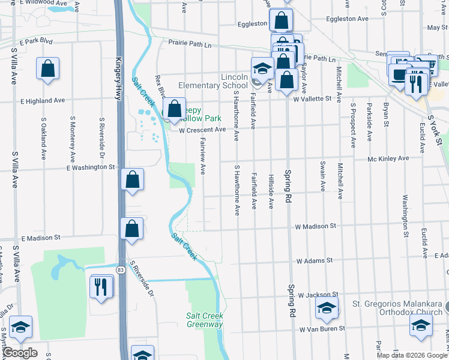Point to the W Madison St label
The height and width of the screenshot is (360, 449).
pos(315,226)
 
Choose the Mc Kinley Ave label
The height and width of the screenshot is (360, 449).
pos(388,158)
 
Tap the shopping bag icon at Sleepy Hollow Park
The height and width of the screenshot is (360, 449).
pos(174,109)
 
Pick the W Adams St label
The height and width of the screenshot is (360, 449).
pos(314,261)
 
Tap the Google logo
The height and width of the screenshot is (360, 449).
pos(20,353)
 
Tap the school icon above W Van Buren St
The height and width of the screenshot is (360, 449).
pos(327,309)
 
